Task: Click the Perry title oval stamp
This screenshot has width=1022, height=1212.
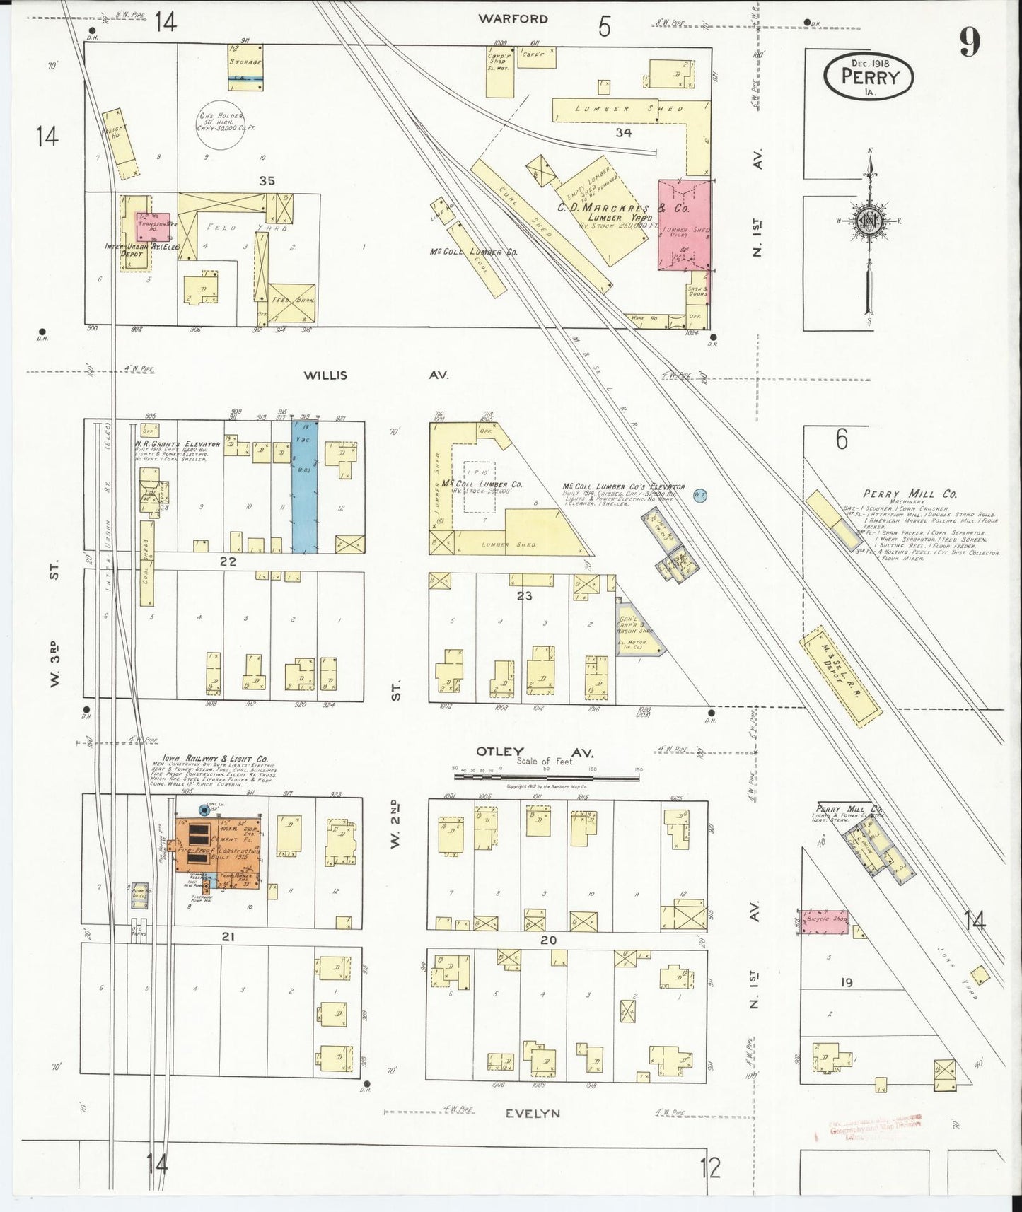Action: coord(869,73)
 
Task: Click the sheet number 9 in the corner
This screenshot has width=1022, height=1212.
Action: coord(970,43)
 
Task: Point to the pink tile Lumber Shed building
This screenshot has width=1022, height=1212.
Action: coord(685,224)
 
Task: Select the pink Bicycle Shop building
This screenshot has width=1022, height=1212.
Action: coord(824,921)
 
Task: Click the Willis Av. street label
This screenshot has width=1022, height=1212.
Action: coord(376,375)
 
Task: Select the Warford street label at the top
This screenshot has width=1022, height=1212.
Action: coord(513,19)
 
